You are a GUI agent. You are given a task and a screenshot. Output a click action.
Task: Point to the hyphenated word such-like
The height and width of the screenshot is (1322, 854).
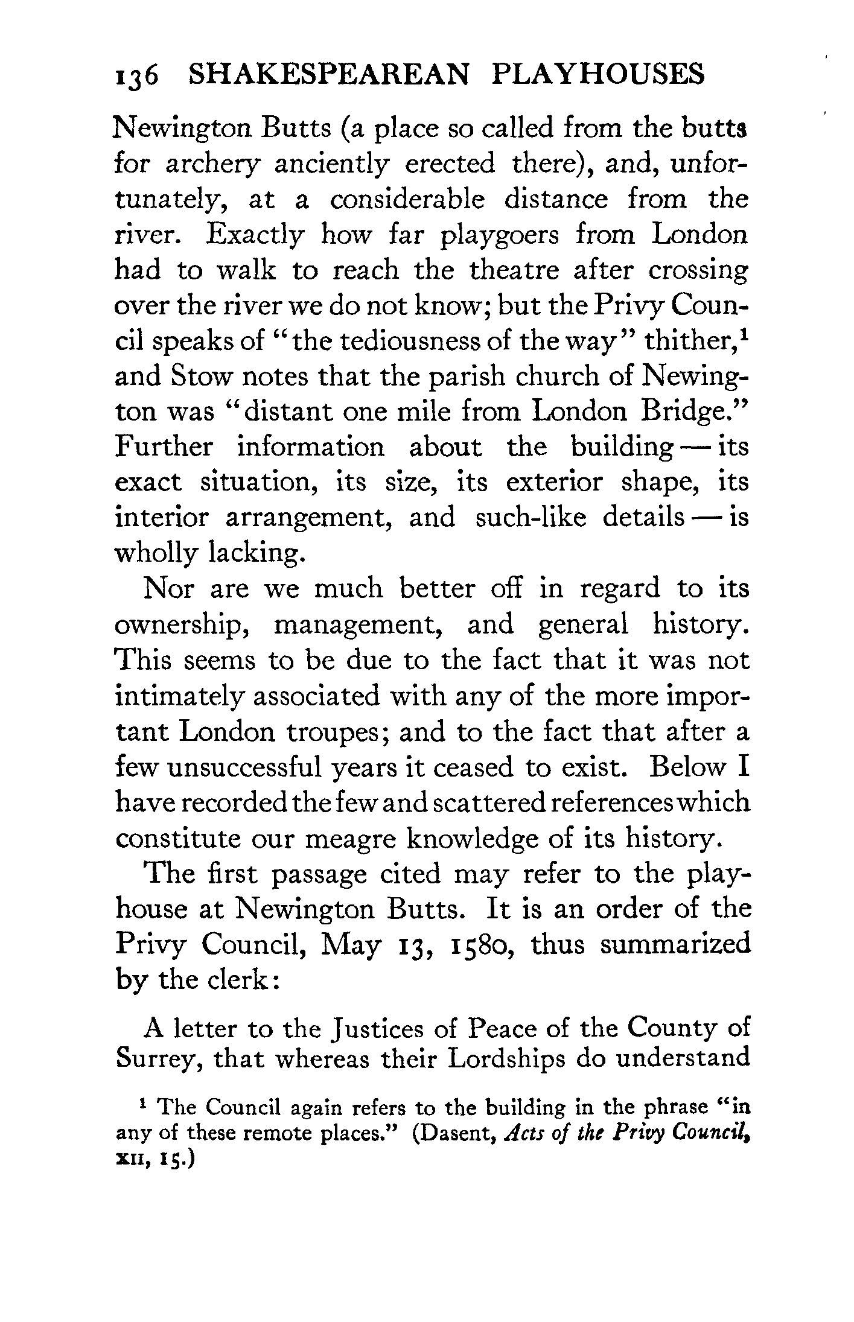(531, 518)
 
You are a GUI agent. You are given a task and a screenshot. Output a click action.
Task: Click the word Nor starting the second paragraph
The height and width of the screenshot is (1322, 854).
(168, 588)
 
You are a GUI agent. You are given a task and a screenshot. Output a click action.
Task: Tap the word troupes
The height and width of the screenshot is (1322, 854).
(334, 731)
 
